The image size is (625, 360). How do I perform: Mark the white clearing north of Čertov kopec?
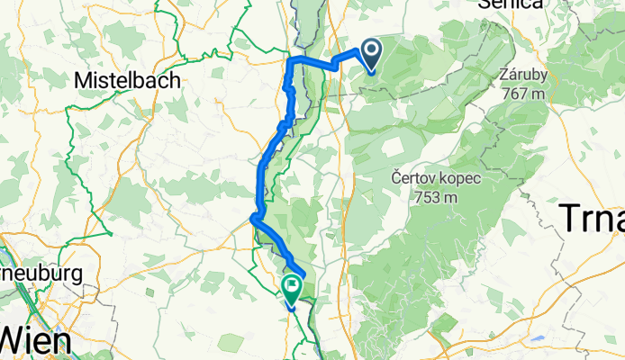click(394, 144)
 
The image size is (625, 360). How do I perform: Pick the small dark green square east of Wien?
click(231, 343)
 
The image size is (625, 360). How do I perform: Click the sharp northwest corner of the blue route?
click(289, 60)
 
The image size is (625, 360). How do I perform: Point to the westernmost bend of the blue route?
click(252, 216)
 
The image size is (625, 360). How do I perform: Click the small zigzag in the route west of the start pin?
click(335, 63)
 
